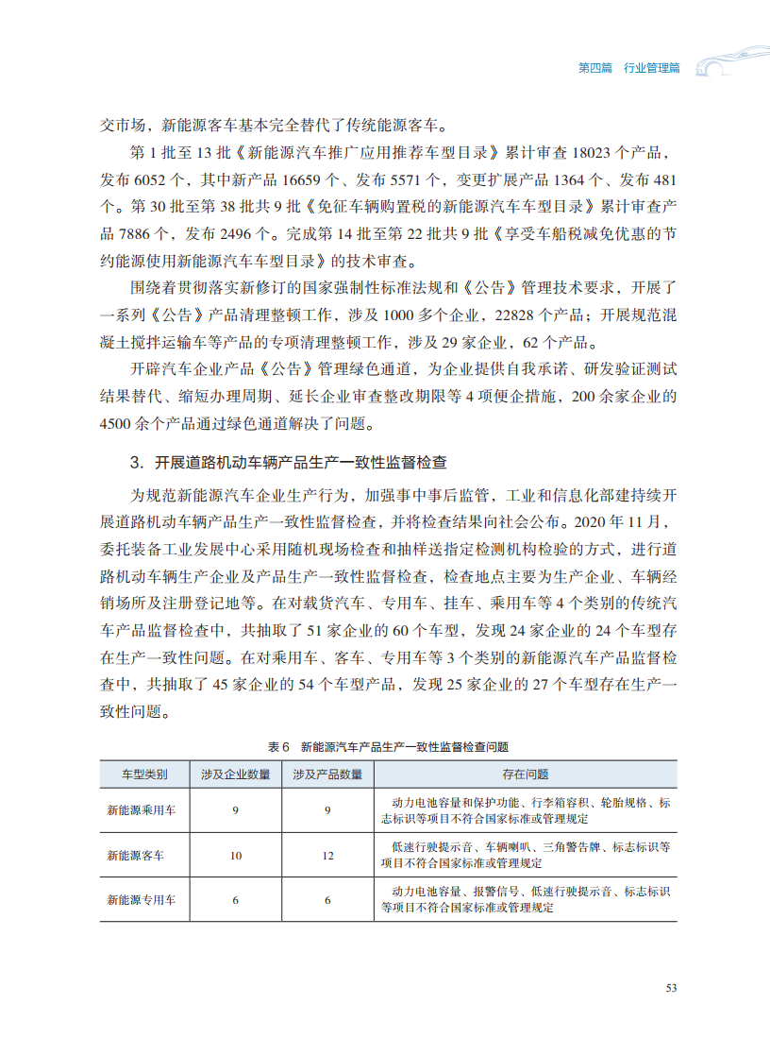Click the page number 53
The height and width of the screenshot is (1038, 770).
(x=671, y=988)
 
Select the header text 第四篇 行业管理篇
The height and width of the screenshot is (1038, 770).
(x=628, y=68)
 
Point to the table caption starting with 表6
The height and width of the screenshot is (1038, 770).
(x=388, y=746)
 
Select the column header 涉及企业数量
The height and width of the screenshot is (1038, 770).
(x=235, y=774)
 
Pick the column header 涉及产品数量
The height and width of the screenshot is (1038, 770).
(x=327, y=774)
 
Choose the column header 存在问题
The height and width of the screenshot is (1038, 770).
(x=525, y=774)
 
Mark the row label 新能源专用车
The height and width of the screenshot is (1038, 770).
(x=141, y=900)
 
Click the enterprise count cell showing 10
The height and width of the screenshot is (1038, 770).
(x=235, y=855)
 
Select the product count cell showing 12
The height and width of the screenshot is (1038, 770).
(x=327, y=855)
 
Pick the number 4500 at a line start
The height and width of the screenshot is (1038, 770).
(x=116, y=424)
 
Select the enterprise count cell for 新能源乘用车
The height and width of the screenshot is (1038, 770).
(x=235, y=809)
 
